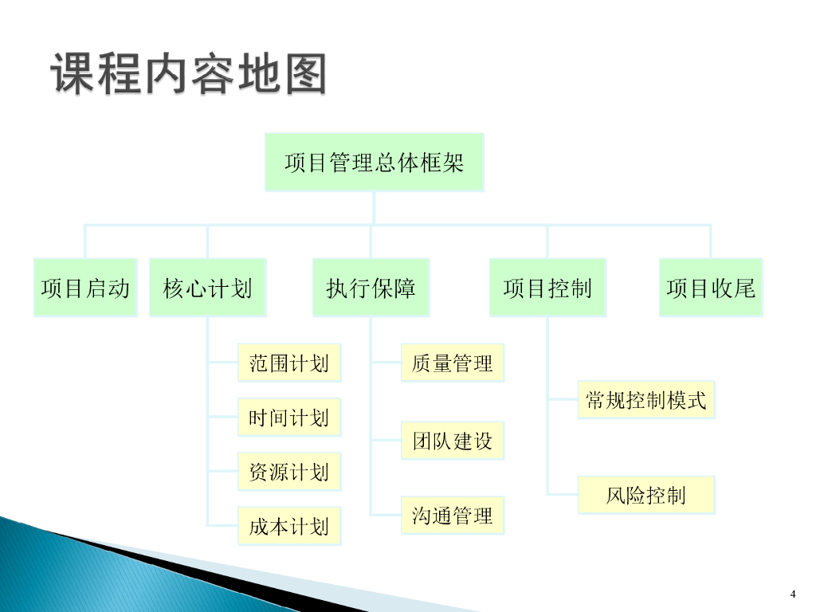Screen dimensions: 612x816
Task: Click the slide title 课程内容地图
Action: (190, 74)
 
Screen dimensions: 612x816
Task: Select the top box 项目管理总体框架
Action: (374, 163)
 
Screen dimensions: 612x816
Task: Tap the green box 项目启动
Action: (85, 288)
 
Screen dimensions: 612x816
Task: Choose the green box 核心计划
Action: (207, 288)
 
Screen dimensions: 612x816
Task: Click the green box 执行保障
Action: (371, 288)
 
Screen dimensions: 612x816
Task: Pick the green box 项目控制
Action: (547, 288)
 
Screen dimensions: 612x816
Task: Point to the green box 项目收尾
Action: (711, 288)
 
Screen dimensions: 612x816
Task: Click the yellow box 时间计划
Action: (288, 418)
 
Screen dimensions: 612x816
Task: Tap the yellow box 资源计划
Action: (288, 472)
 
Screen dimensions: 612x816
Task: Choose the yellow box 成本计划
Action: (288, 526)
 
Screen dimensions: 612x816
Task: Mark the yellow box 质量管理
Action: (452, 363)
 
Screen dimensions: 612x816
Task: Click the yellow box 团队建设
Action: (452, 441)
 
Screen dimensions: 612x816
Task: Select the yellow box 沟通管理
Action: (452, 516)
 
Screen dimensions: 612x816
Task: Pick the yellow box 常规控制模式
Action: (645, 399)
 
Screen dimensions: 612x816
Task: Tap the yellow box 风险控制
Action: (645, 495)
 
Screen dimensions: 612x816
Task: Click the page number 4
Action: (793, 593)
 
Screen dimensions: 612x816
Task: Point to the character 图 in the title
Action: (304, 74)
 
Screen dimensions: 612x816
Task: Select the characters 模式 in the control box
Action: (687, 399)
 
